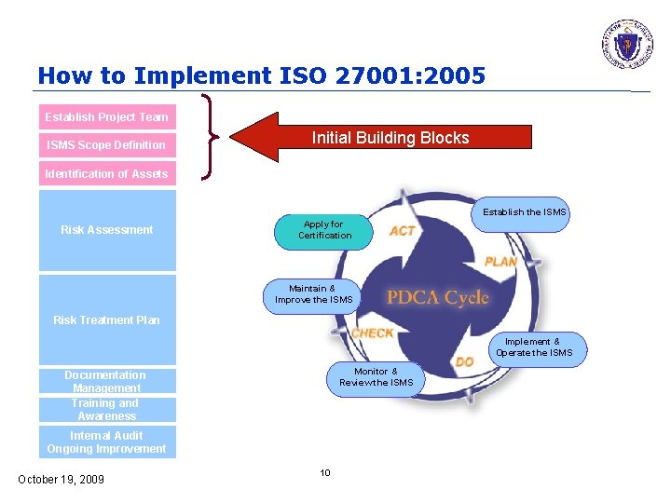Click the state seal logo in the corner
626,44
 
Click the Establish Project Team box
107,117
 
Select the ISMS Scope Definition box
107,145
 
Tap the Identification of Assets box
107,174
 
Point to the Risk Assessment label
107,230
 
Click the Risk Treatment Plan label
107,320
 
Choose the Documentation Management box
106,382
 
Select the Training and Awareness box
106,410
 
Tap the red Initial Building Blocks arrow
382,138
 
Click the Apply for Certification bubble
323,230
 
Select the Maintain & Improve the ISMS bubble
313,294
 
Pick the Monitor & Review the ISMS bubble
376,377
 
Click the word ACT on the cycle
403,231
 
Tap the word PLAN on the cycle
500,262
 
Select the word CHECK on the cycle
372,333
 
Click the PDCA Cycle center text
437,297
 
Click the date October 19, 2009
62,480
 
